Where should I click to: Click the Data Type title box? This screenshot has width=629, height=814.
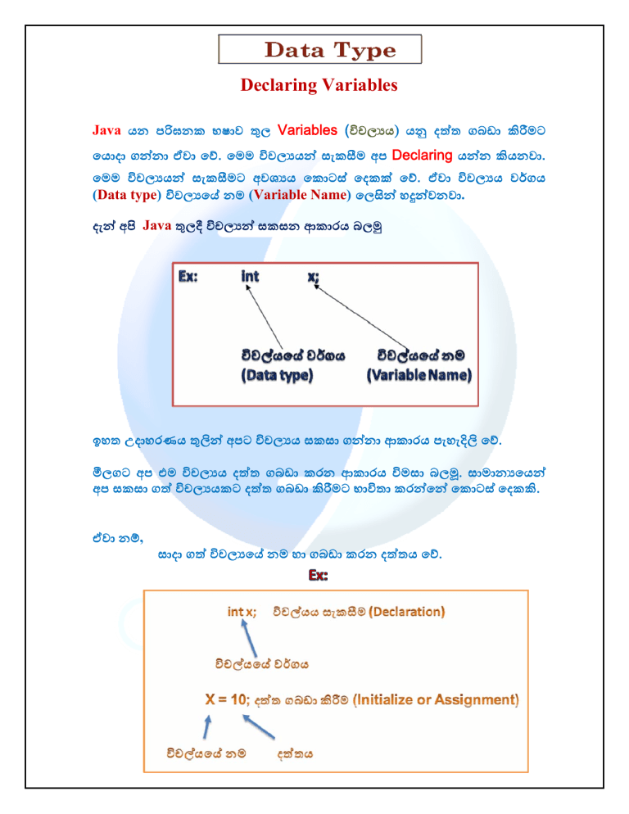pos(319,50)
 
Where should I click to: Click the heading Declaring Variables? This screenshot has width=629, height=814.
pos(319,85)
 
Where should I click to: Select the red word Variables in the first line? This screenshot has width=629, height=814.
pos(307,130)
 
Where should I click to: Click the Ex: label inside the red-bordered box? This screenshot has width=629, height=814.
pos(192,277)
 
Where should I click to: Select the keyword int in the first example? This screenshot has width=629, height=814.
pos(250,277)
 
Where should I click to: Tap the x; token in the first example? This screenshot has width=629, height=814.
pos(314,277)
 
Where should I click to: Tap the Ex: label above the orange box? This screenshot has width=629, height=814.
pos(318,577)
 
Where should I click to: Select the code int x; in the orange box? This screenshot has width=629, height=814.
pos(242,611)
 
